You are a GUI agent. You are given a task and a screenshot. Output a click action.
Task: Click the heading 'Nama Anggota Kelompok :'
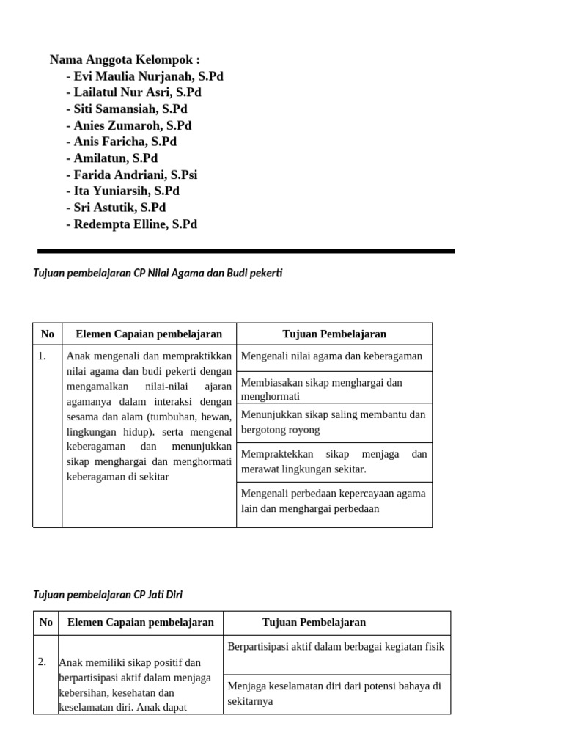[125, 59]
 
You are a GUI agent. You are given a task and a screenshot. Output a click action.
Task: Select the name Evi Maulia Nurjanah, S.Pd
[144, 76]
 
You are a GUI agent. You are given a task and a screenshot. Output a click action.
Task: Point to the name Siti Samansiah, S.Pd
[126, 109]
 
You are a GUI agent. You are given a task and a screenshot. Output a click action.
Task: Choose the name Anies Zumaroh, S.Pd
[128, 125]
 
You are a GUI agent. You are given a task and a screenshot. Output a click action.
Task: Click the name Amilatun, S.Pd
[111, 158]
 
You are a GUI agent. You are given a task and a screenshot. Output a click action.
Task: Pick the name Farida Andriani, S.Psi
[131, 175]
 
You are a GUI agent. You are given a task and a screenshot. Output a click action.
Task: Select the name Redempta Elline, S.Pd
[131, 224]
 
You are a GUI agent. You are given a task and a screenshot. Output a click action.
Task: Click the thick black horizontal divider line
[246, 251]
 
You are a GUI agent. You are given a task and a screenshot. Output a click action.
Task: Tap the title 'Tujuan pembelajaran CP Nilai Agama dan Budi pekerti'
[158, 274]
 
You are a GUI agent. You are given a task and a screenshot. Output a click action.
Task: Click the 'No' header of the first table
[48, 334]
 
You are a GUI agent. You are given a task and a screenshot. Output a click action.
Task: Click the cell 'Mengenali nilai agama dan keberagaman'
[334, 356]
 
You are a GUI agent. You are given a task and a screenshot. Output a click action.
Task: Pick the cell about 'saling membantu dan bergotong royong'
[334, 422]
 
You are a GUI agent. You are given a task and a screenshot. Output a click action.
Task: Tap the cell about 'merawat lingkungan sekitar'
[334, 462]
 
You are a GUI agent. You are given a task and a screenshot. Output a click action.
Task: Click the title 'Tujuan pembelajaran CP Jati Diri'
[114, 595]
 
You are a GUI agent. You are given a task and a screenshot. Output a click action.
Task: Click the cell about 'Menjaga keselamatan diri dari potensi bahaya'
[336, 694]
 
